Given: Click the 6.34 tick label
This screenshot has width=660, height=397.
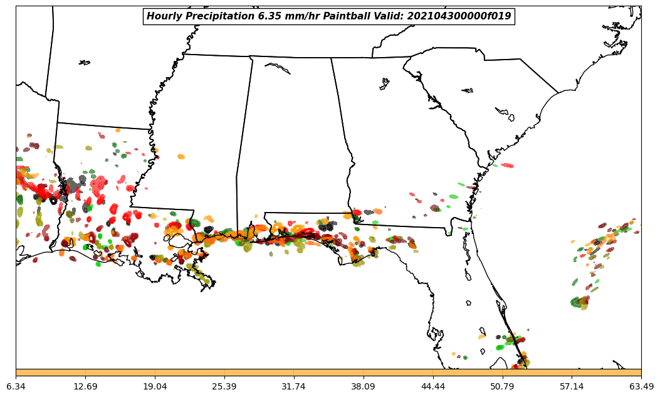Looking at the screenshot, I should [x=16, y=386].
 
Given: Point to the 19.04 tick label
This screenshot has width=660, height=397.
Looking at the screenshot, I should [x=155, y=386].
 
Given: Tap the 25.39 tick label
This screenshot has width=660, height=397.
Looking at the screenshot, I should [x=224, y=386].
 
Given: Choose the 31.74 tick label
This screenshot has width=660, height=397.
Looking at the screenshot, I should [x=293, y=386].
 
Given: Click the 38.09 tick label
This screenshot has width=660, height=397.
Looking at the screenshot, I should [x=363, y=386].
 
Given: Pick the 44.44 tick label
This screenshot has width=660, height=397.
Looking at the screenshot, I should [x=432, y=386].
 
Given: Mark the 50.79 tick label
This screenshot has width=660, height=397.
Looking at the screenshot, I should [x=502, y=386].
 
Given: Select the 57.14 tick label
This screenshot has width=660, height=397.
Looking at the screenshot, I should [x=572, y=386].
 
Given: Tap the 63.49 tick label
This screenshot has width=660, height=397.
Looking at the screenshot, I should [x=641, y=386].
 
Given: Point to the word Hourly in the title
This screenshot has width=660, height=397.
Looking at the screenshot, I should [x=163, y=16].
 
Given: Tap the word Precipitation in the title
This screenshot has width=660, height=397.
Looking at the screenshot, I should [x=218, y=16].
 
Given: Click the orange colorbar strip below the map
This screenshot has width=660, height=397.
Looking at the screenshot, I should [x=328, y=373].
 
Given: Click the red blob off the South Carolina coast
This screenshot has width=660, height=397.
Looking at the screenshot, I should [x=507, y=166].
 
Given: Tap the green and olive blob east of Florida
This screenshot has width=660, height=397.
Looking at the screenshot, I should [x=580, y=303].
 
